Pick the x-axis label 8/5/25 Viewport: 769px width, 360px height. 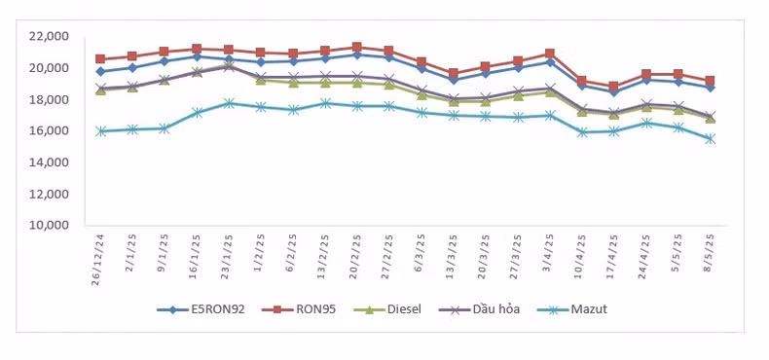[711, 250]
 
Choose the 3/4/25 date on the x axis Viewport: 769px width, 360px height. [549, 250]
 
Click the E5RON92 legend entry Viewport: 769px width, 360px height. [201, 309]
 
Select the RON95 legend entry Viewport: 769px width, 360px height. [299, 309]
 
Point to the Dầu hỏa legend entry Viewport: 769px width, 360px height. [479, 309]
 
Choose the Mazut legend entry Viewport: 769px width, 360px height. [571, 309]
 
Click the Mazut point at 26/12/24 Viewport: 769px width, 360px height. [101, 131]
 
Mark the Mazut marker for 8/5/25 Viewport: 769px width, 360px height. [711, 139]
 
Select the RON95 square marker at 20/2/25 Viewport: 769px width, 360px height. [357, 47]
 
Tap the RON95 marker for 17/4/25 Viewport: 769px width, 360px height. [613, 87]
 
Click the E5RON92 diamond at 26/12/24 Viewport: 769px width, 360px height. [101, 72]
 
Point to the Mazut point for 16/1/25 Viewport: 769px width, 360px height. [198, 112]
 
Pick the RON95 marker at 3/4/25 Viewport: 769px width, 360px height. [549, 54]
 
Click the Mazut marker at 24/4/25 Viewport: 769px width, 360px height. [646, 124]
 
